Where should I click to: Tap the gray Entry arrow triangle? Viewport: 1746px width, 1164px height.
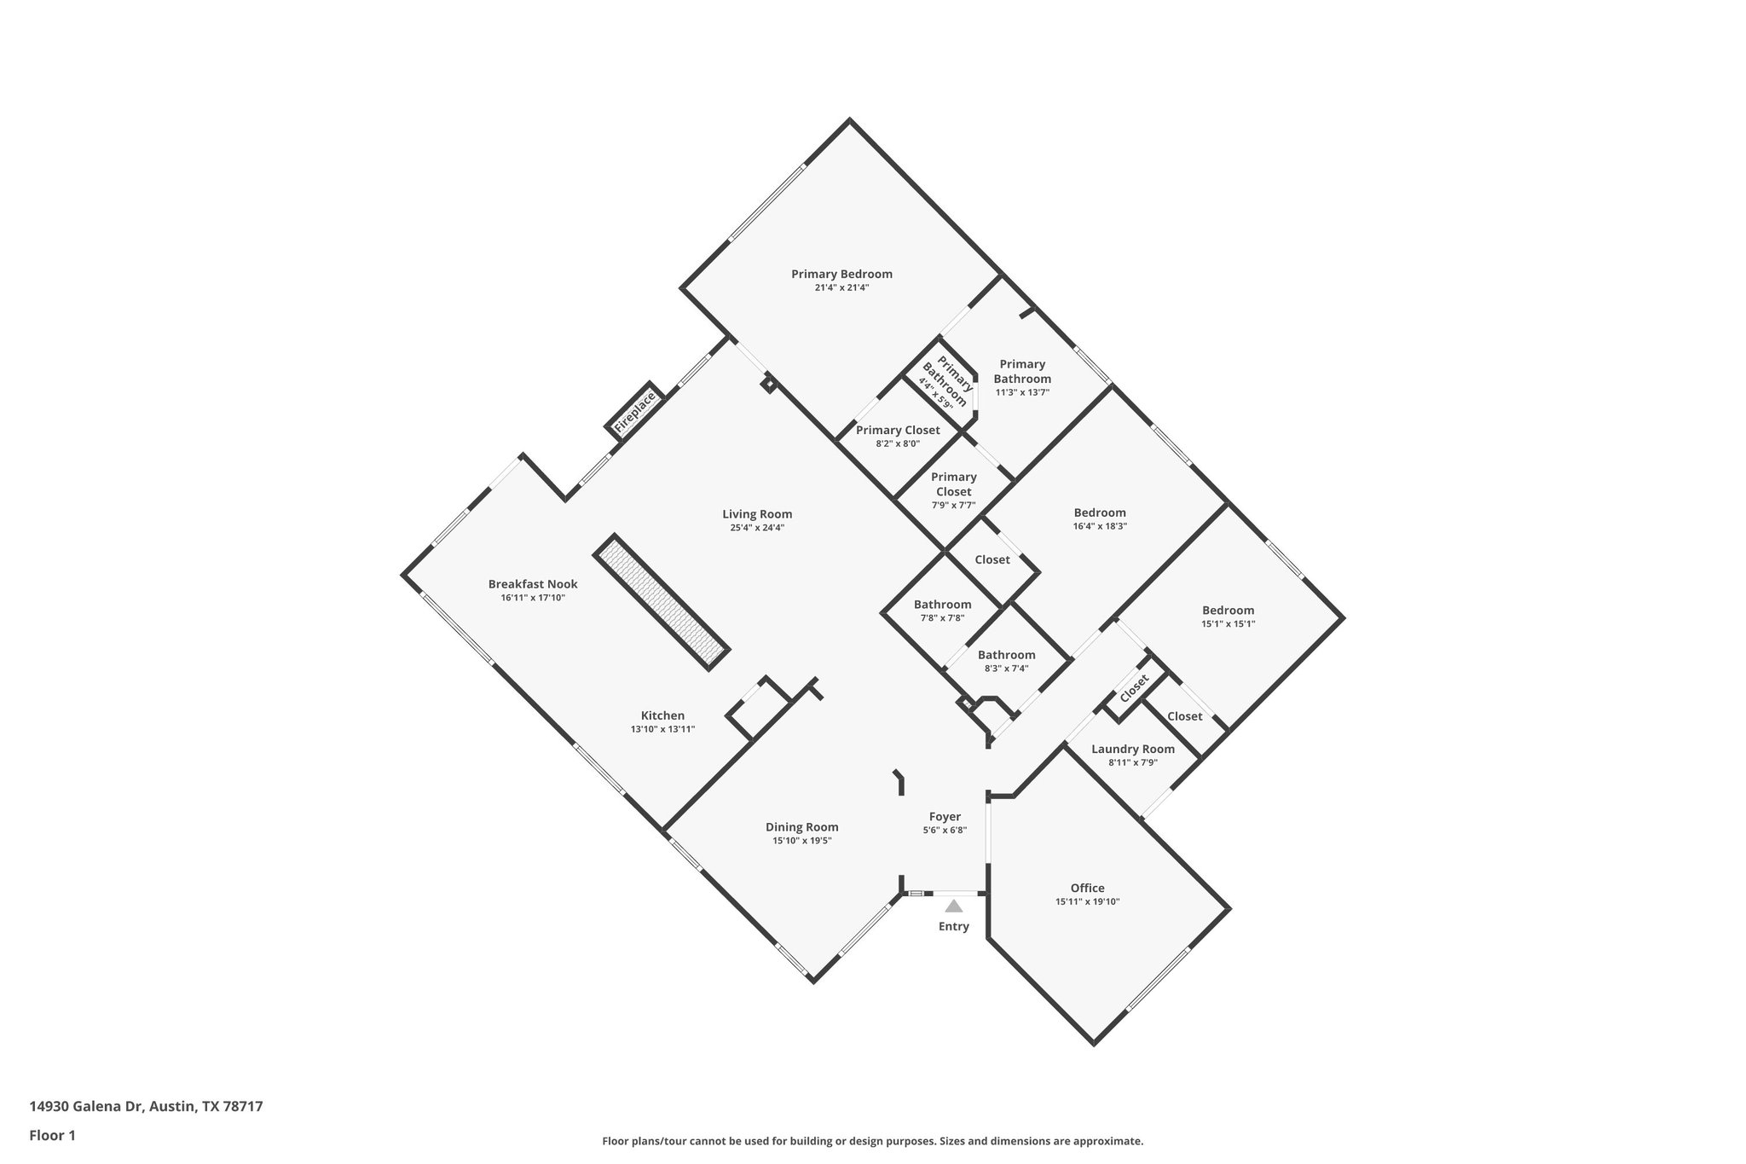[x=954, y=906]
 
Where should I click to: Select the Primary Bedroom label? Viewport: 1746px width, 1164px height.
[x=841, y=274]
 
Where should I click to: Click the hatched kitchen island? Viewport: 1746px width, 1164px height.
[x=662, y=603]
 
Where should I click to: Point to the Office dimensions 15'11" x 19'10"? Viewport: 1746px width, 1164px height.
[x=1087, y=901]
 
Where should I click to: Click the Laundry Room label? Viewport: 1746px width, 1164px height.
[x=1133, y=749]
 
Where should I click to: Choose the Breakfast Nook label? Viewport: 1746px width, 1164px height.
[x=533, y=584]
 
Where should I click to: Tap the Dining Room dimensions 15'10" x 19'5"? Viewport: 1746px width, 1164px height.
[x=801, y=841]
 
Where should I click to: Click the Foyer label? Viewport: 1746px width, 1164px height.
[x=945, y=817]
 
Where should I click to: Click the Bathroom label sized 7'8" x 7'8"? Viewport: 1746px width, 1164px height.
[x=942, y=605]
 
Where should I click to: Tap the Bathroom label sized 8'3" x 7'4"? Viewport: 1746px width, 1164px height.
[x=1006, y=655]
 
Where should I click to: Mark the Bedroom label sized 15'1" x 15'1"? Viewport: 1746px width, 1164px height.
[x=1228, y=611]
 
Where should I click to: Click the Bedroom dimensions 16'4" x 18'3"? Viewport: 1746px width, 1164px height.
[x=1100, y=526]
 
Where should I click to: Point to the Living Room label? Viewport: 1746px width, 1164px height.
[x=757, y=514]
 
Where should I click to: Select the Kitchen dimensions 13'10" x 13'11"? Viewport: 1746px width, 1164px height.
[x=662, y=729]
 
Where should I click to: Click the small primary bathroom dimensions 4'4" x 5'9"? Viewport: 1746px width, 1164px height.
[x=935, y=392]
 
